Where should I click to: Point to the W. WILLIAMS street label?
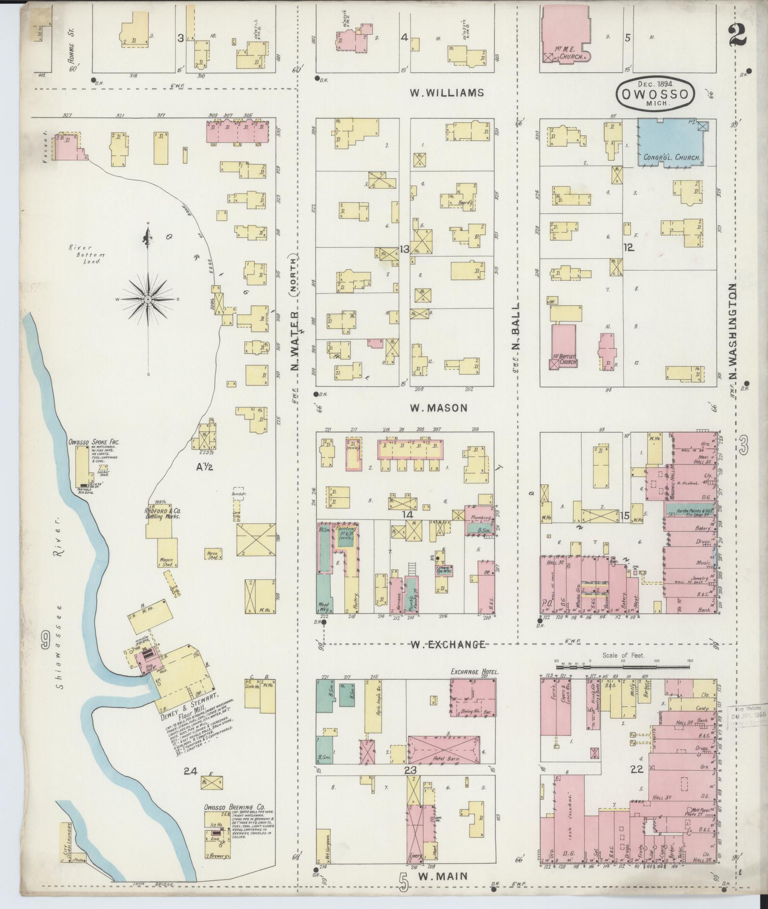[x=446, y=93]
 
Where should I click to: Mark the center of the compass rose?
[x=148, y=299]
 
